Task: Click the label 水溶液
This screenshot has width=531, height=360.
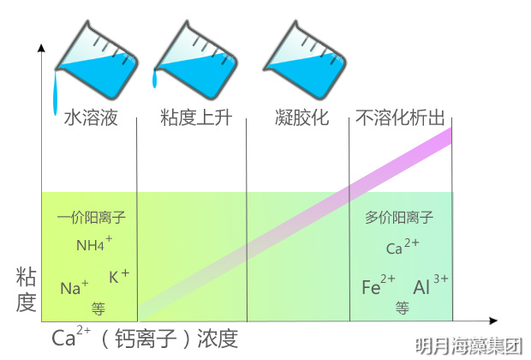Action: pyautogui.click(x=90, y=118)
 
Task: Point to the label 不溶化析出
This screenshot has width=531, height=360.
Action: pyautogui.click(x=400, y=118)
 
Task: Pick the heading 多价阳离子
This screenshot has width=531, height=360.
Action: pyautogui.click(x=399, y=217)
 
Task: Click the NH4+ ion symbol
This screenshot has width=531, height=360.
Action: pyautogui.click(x=93, y=244)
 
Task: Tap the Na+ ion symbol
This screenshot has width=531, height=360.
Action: pyautogui.click(x=75, y=287)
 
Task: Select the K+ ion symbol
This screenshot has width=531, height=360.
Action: pyautogui.click(x=119, y=276)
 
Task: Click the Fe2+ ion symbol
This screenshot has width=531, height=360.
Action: pyautogui.click(x=378, y=286)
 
